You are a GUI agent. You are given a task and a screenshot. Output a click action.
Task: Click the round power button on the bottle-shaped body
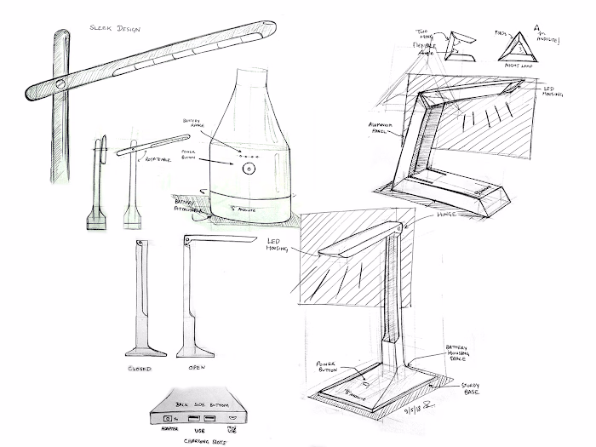248,169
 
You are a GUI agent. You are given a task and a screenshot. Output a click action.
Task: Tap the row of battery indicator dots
248,156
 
